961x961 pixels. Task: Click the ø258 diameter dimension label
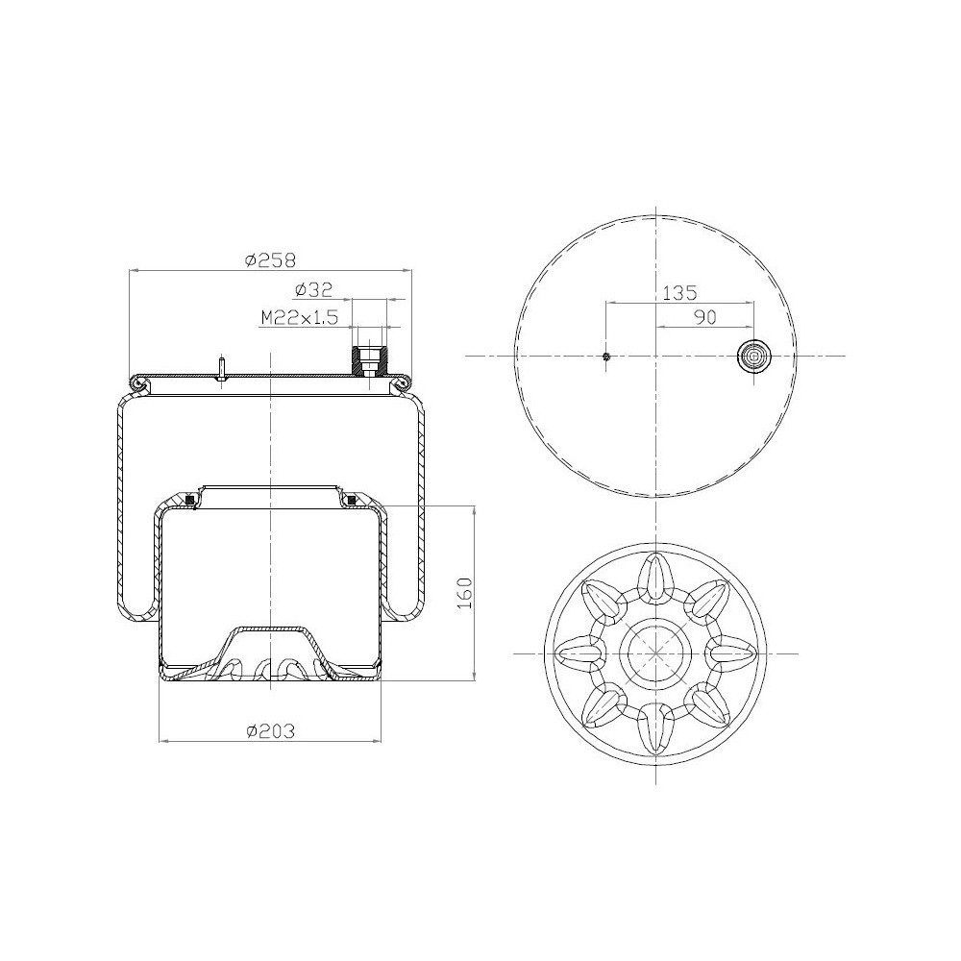point(270,260)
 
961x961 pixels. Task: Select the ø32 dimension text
point(313,289)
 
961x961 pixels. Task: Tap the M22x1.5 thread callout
point(300,317)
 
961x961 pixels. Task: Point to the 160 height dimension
point(465,593)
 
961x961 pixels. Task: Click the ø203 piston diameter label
point(270,731)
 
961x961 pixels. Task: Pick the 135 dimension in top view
point(679,293)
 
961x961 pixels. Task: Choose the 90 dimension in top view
point(704,317)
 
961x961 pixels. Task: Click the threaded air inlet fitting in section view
point(368,361)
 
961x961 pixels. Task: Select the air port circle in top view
point(753,356)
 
